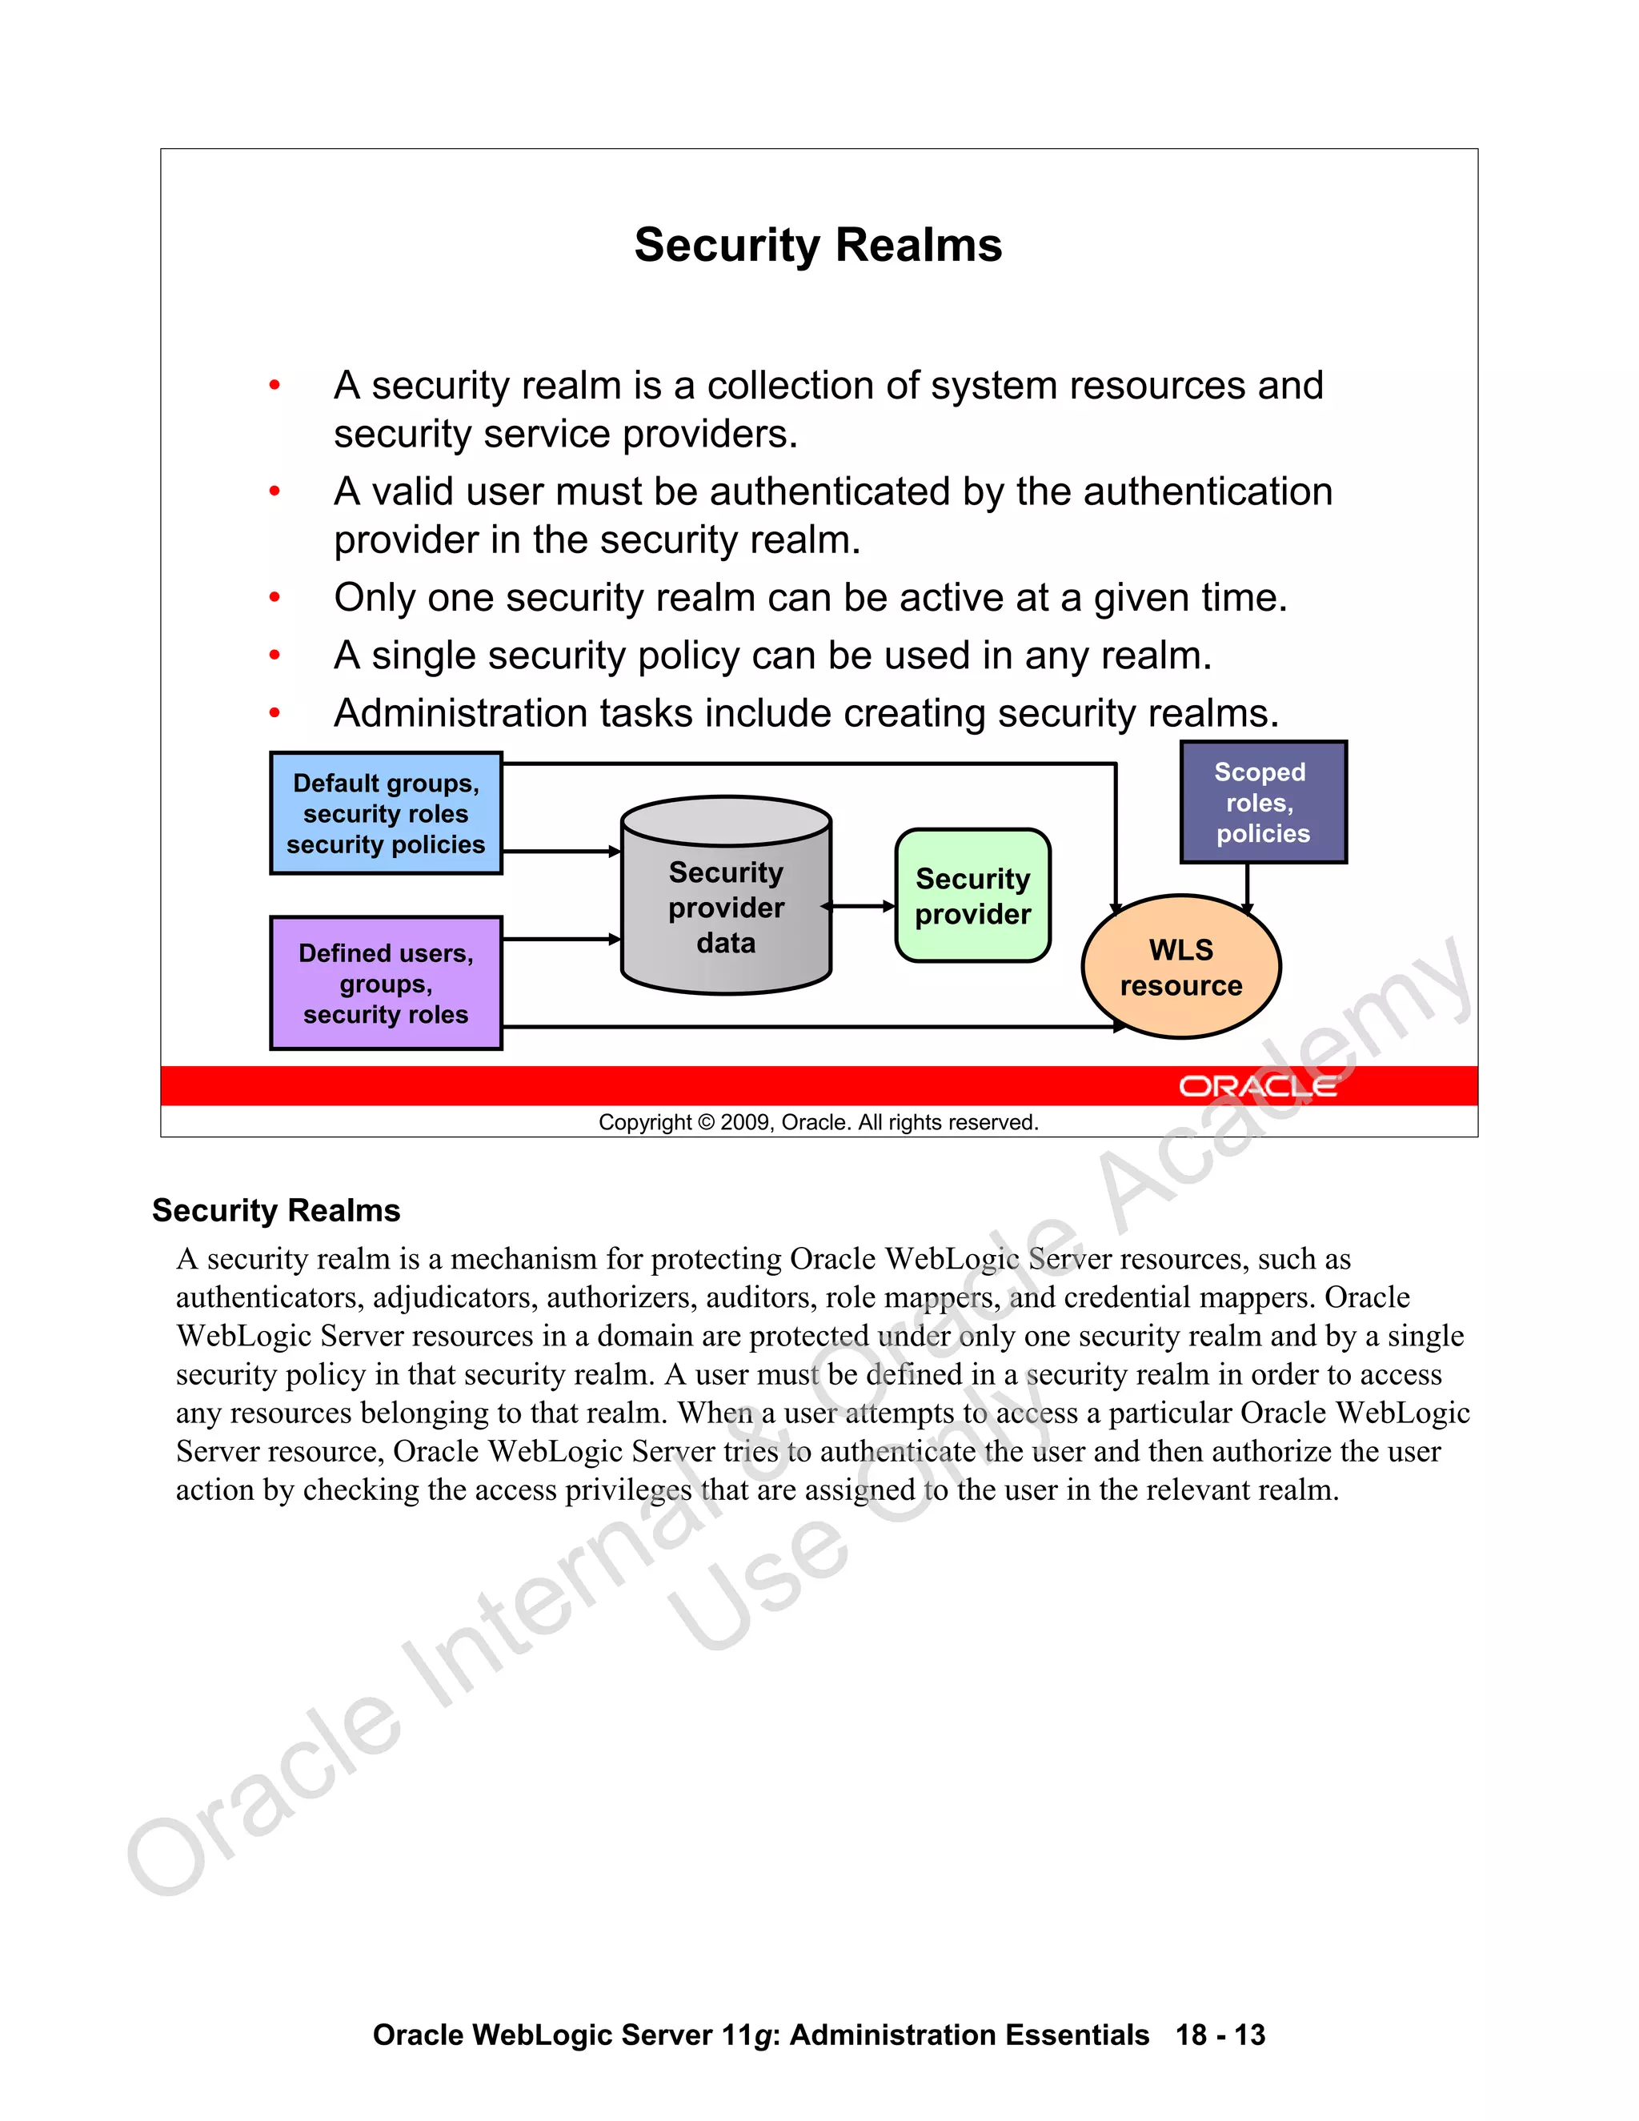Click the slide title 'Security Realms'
[x=818, y=245]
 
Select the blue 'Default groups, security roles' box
[x=386, y=813]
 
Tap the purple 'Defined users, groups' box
[x=386, y=983]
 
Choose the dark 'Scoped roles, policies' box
[x=1262, y=802]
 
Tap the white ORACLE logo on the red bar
[x=1257, y=1086]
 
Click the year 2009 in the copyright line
[x=745, y=1123]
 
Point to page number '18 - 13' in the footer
[x=1220, y=2035]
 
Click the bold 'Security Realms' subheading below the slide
[x=276, y=1210]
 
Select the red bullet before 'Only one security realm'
[x=275, y=597]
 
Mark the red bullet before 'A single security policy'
[x=275, y=656]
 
